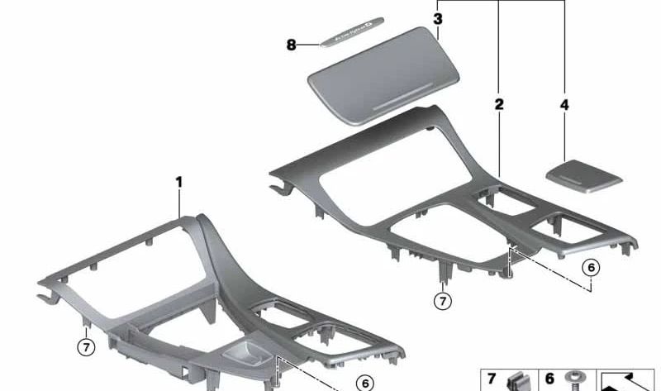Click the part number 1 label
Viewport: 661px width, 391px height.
[x=179, y=181]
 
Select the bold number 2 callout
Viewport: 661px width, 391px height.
[x=498, y=104]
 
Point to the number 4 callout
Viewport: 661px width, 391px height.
[x=564, y=105]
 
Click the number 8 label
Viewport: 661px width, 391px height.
[x=291, y=45]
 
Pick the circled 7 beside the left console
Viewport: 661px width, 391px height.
[x=86, y=346]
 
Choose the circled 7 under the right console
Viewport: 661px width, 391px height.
[x=443, y=301]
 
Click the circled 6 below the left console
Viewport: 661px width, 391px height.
[x=361, y=382]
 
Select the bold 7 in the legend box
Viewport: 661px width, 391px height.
[x=492, y=379]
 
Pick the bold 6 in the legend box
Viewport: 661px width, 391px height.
[x=549, y=379]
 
